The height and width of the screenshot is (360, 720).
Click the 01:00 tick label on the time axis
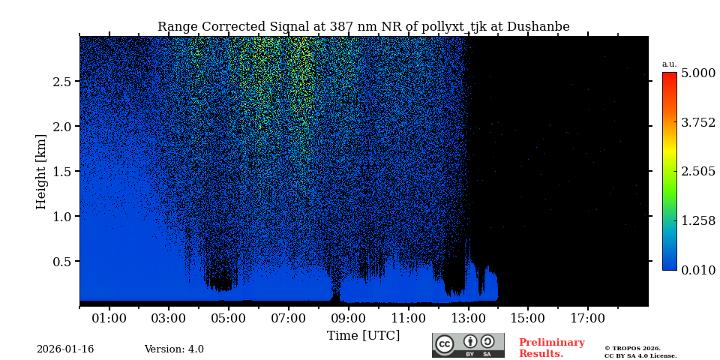pyautogui.click(x=109, y=319)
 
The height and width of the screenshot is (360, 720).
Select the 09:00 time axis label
pyautogui.click(x=348, y=319)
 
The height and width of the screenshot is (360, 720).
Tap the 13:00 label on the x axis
pyautogui.click(x=468, y=319)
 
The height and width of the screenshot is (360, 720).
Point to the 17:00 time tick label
pyautogui.click(x=587, y=319)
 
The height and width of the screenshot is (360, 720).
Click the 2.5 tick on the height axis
pyautogui.click(x=61, y=82)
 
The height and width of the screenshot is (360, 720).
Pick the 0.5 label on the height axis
pyautogui.click(x=61, y=262)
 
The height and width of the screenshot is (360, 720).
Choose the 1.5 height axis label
pyautogui.click(x=61, y=172)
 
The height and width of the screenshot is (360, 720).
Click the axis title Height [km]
pyautogui.click(x=41, y=171)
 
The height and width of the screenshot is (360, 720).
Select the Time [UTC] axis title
pyautogui.click(x=363, y=335)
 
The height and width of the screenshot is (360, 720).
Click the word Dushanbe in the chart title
pyautogui.click(x=538, y=27)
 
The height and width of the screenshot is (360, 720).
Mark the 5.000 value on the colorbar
pyautogui.click(x=697, y=73)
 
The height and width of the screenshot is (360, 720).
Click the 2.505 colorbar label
pyautogui.click(x=697, y=172)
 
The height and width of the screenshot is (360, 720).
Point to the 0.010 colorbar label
pyautogui.click(x=697, y=270)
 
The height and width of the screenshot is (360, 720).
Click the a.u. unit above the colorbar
pyautogui.click(x=669, y=64)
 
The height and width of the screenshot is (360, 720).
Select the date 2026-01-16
pyautogui.click(x=65, y=349)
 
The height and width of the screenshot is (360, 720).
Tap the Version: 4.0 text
pyautogui.click(x=174, y=349)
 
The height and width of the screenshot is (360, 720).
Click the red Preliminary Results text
pyautogui.click(x=551, y=348)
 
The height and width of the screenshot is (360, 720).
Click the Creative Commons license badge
pyautogui.click(x=468, y=345)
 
